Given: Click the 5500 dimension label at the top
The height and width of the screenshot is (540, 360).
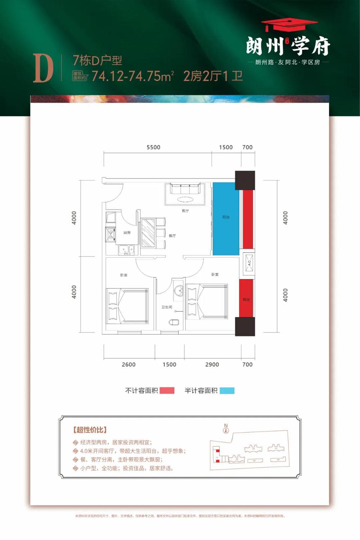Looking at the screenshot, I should pos(153,147).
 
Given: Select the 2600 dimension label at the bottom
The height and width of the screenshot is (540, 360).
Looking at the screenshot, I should pos(129,365).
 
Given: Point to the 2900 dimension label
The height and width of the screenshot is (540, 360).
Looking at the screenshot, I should pos(212,365).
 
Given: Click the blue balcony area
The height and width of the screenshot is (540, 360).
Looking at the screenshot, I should pos(226,218).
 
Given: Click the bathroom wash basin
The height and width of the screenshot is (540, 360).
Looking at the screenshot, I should pos(178,290).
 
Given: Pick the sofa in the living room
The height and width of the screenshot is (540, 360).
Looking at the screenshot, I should pos(185,189).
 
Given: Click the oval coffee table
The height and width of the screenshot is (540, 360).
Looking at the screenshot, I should pos(185,199).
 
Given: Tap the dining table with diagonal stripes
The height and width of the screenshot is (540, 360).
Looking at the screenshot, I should pos(148,233).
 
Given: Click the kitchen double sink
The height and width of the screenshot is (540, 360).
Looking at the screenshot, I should pos(126,249).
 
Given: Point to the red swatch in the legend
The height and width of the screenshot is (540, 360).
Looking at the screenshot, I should pos(167,391).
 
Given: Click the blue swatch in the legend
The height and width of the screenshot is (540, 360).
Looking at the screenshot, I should pos(227,391).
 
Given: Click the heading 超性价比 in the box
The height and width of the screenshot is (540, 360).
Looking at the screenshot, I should pos(90,429).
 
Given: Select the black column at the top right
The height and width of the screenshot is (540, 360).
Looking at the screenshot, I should pos(245,180).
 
